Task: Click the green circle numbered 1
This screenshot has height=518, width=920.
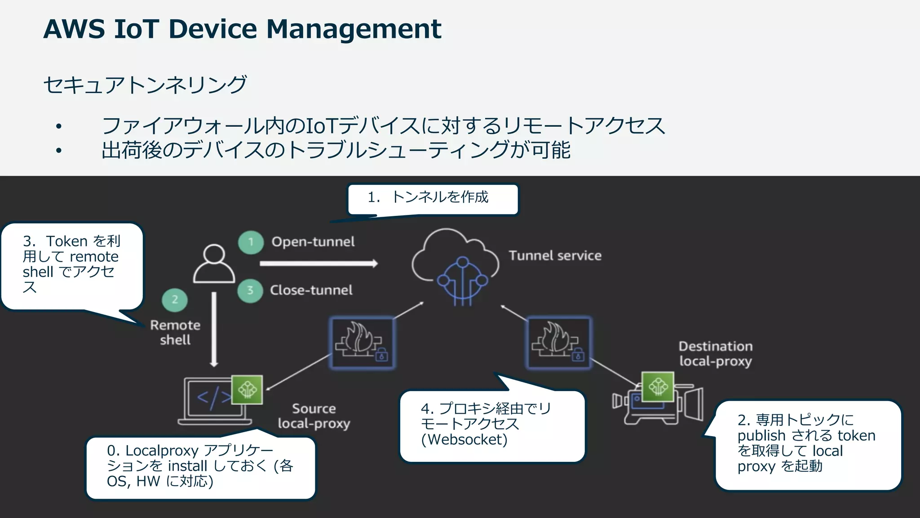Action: pyautogui.click(x=251, y=242)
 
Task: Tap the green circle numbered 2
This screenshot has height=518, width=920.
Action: pyautogui.click(x=175, y=300)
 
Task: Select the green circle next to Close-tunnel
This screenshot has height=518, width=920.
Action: pyautogui.click(x=250, y=290)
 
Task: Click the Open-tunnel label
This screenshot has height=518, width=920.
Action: pyautogui.click(x=313, y=242)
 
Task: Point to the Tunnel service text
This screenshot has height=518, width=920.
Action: pyautogui.click(x=555, y=256)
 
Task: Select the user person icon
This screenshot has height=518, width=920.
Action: pyautogui.click(x=214, y=264)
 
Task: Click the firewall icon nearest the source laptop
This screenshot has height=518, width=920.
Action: pyautogui.click(x=362, y=343)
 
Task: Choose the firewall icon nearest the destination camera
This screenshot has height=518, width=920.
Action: pyautogui.click(x=558, y=343)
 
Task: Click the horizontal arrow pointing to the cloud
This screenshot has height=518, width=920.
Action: pyautogui.click(x=318, y=264)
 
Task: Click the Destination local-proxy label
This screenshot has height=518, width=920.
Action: pyautogui.click(x=715, y=354)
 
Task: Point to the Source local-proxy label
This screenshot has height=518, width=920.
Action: pyautogui.click(x=314, y=416)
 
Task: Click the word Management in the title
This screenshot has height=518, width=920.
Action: pyautogui.click(x=354, y=29)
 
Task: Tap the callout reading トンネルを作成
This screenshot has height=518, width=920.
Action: pyautogui.click(x=433, y=198)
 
